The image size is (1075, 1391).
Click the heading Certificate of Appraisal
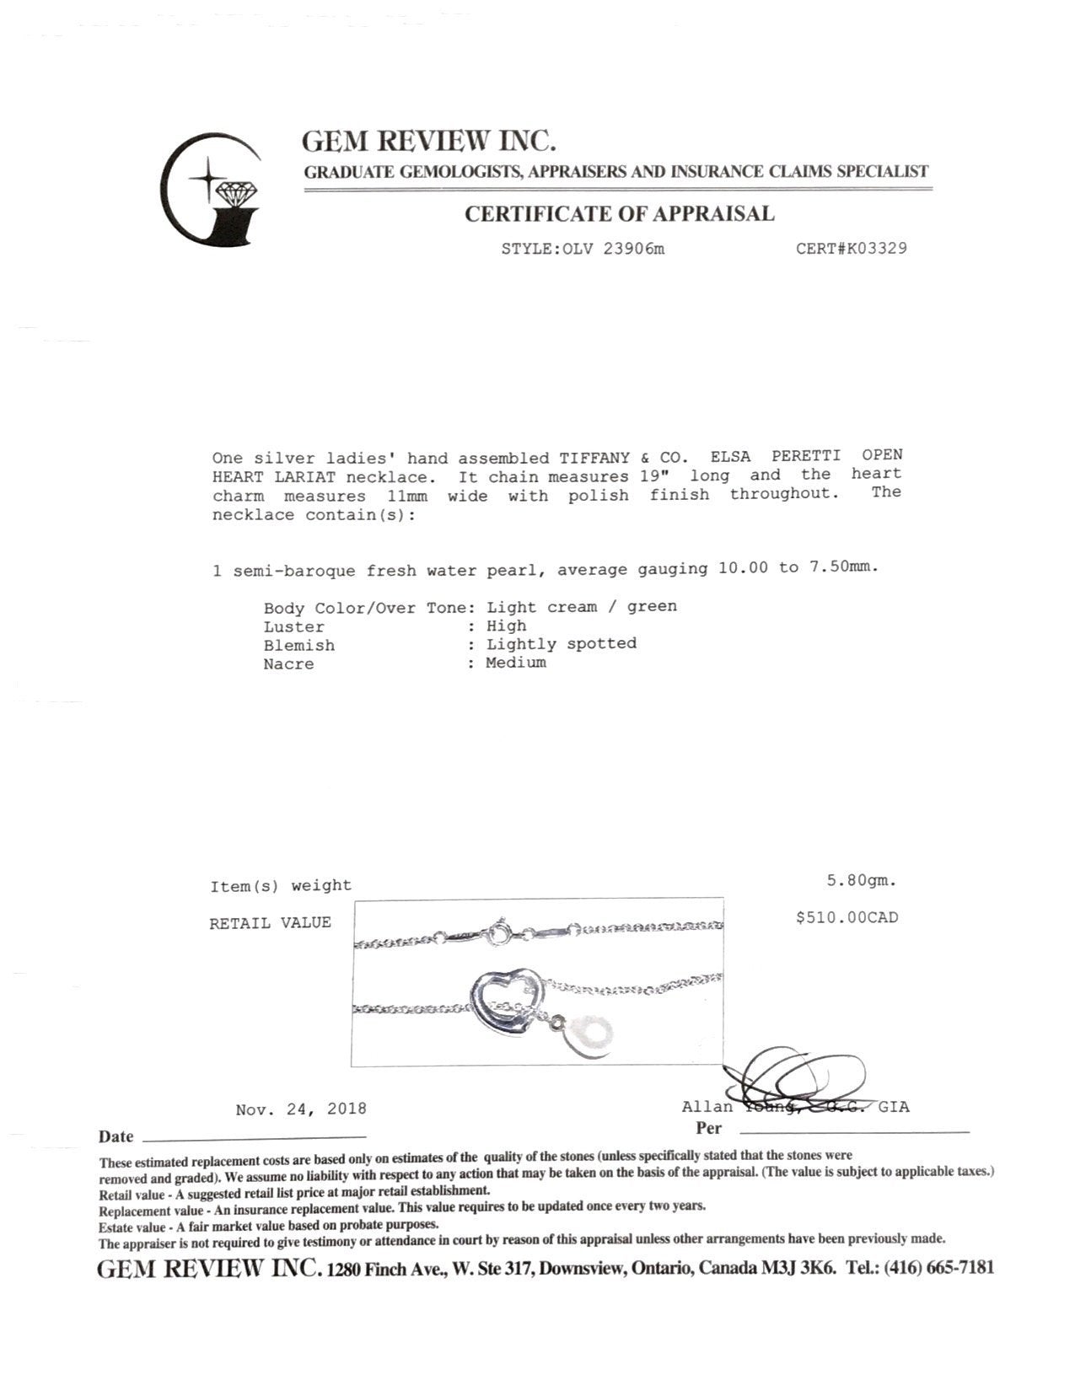click(620, 214)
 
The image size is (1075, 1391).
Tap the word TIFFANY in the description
click(594, 459)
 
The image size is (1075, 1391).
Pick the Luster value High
click(506, 626)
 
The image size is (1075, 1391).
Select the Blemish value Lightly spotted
click(561, 644)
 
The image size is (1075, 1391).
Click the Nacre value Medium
click(515, 663)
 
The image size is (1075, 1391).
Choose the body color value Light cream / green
click(581, 607)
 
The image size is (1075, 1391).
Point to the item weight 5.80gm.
click(862, 881)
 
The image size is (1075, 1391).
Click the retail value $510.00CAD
click(847, 917)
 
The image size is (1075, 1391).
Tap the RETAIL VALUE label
click(270, 923)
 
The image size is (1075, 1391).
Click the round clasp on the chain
click(503, 934)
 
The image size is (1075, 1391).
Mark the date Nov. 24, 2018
click(301, 1109)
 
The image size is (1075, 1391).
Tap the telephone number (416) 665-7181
click(938, 1268)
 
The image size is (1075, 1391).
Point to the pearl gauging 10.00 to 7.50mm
click(798, 568)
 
